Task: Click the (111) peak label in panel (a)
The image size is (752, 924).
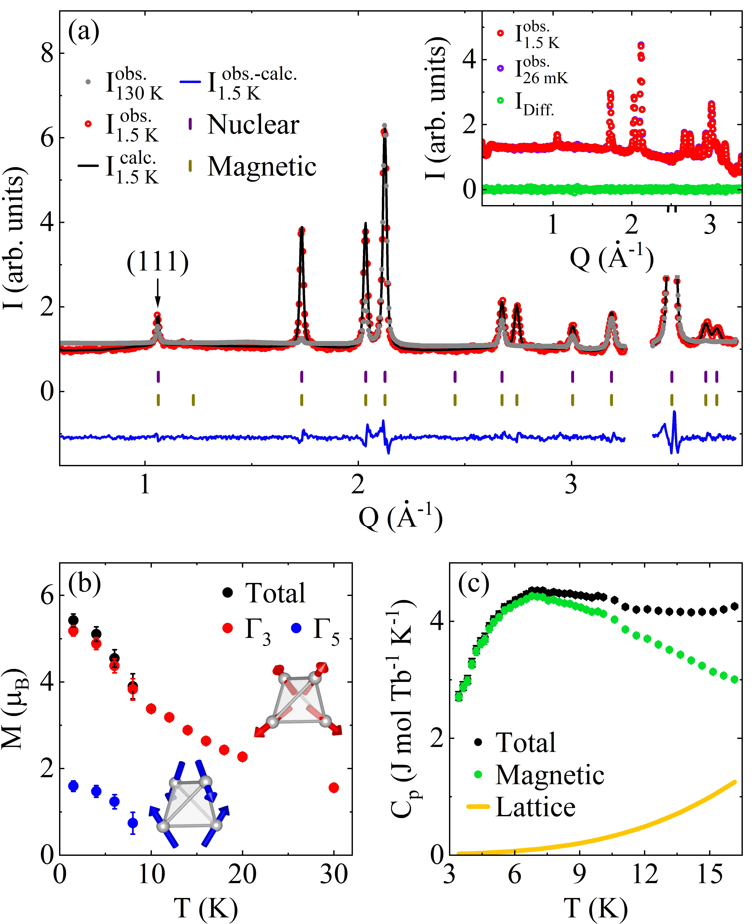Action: coord(158,262)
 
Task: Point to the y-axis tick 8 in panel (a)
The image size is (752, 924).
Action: coord(47,54)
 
